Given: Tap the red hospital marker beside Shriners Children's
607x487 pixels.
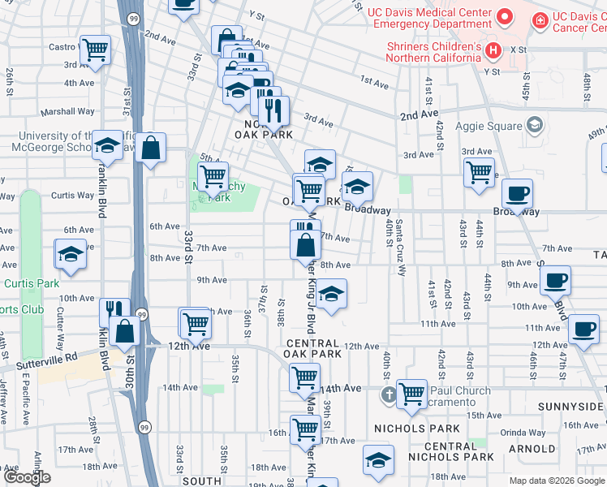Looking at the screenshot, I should pos(492,52).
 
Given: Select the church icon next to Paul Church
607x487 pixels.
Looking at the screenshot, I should pos(389,395).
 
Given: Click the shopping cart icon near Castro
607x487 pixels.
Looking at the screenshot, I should pos(96,50).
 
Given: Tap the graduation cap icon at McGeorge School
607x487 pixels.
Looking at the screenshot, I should pos(106,145).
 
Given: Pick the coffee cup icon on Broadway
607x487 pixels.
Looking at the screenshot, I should pos(517,194).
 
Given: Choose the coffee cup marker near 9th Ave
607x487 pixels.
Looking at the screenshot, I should pos(555,280).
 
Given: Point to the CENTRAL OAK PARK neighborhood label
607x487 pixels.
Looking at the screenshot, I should pos(313,348).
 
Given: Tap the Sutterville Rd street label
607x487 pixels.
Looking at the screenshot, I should pos(48,356).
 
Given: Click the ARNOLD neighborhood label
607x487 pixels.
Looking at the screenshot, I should pos(532,448).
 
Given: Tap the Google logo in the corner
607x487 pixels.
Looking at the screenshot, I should pos(28,477).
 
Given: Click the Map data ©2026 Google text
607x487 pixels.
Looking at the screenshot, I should pos(557,481).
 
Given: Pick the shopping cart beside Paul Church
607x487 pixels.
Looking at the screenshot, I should pos(411,394).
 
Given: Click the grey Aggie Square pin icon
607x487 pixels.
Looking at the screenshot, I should pos(534,125).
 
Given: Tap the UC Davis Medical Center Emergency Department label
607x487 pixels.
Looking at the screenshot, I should pos(429,19).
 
